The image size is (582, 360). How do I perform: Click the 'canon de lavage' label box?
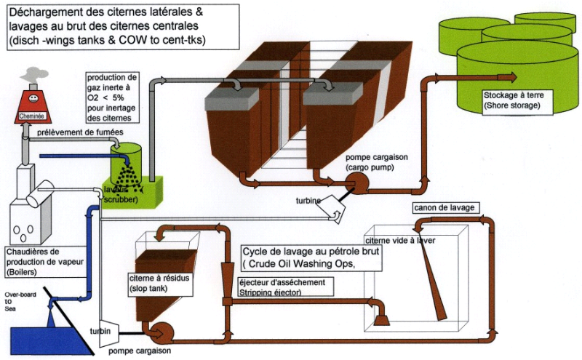pos(444,208)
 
